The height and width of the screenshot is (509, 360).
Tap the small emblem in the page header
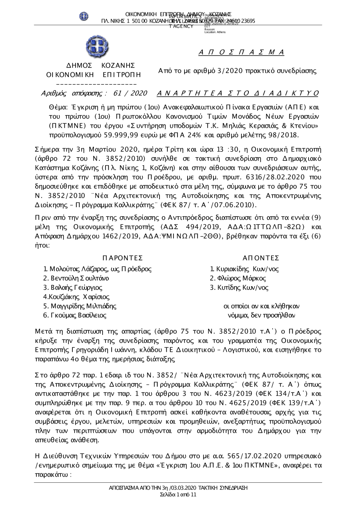point(84,16)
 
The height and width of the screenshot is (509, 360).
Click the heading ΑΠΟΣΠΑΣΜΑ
point(242,53)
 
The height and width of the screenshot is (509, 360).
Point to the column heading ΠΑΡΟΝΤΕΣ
point(122,258)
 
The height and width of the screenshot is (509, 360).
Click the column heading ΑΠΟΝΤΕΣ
point(261,258)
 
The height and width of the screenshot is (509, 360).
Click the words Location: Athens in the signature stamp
point(215,32)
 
